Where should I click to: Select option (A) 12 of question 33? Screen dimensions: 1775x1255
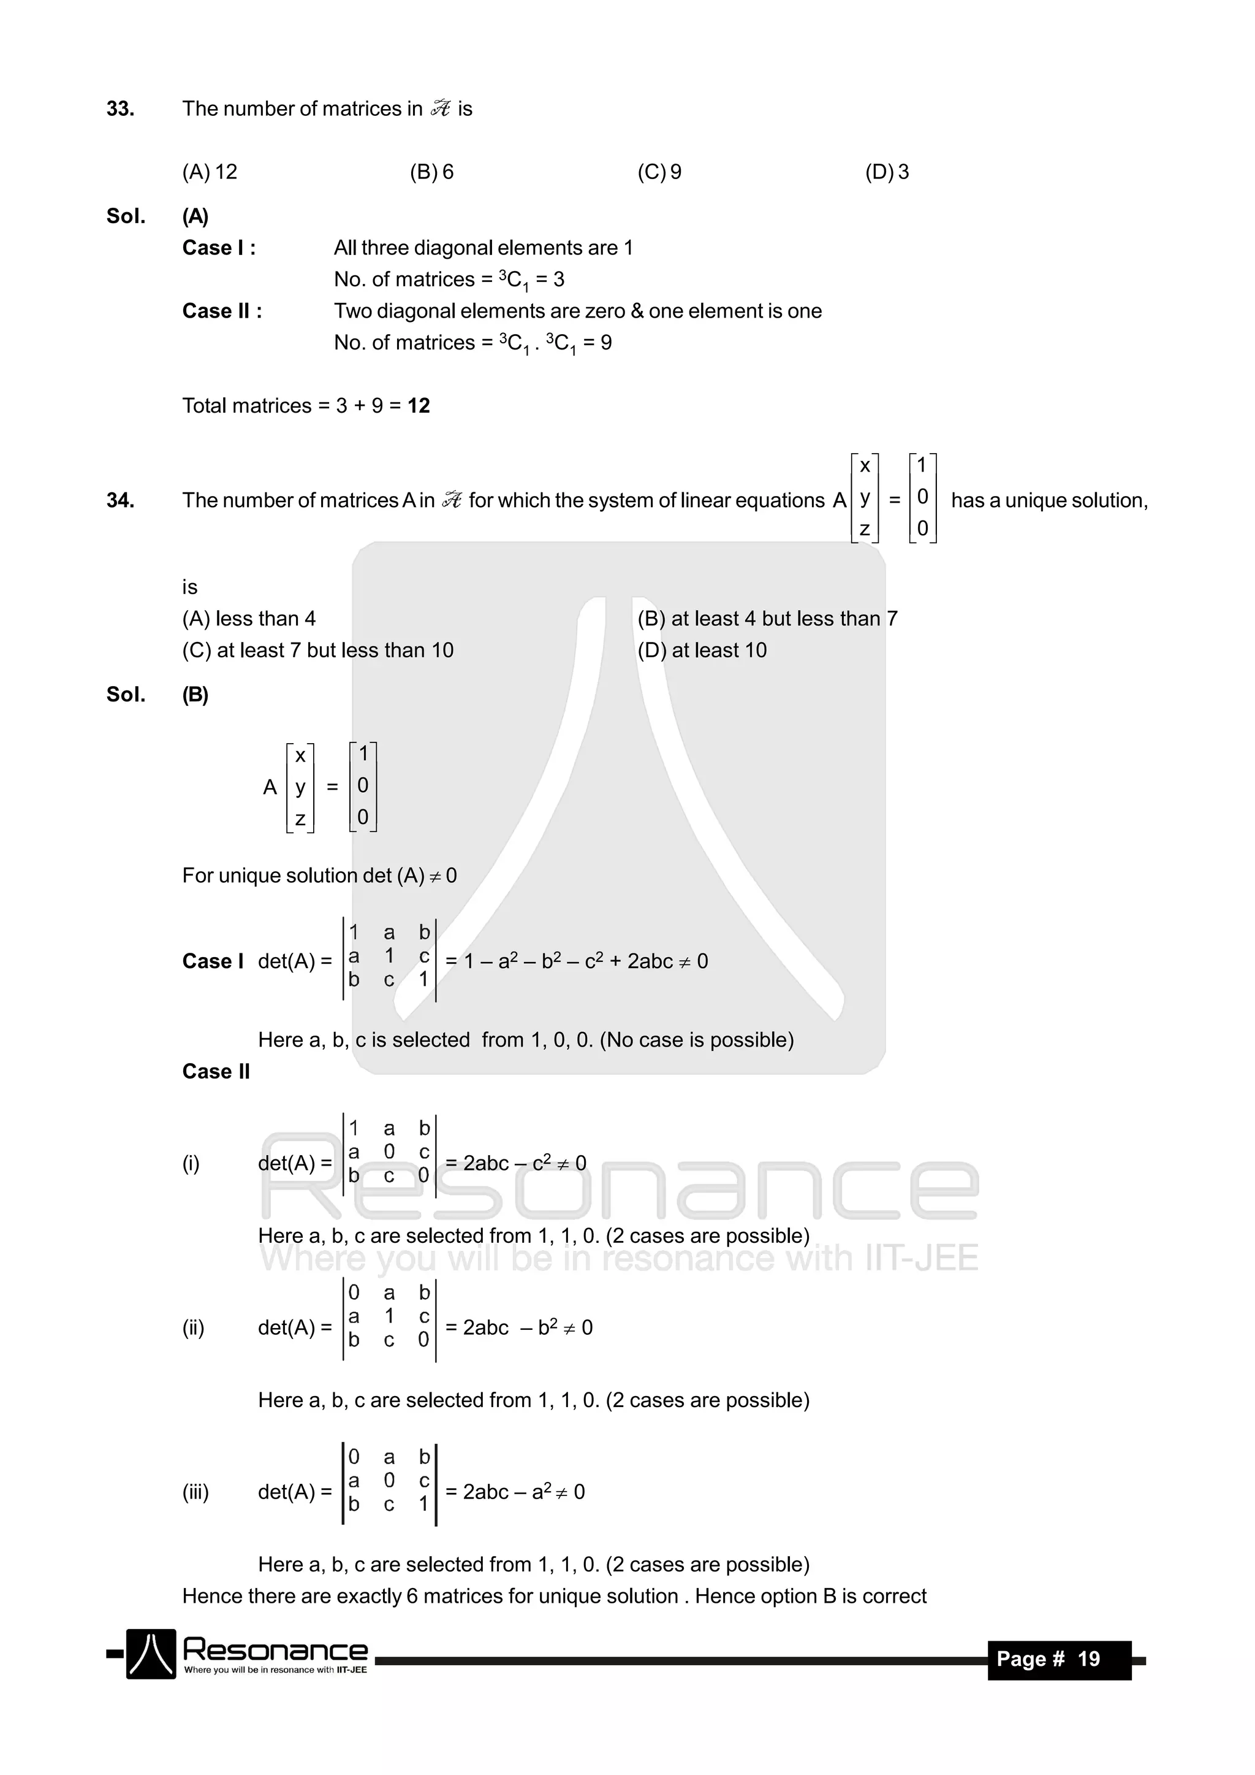tap(210, 172)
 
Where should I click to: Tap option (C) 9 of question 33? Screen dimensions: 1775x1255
tap(659, 172)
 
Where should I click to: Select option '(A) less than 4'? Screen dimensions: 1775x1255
tap(249, 619)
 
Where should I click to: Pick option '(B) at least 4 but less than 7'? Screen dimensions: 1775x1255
tap(767, 619)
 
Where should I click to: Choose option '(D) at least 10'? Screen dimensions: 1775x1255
tap(702, 650)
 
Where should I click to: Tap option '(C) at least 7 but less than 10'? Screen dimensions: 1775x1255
tap(317, 650)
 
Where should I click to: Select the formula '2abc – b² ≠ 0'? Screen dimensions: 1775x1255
tap(527, 1327)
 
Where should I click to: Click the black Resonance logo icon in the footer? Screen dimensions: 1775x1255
tap(151, 1654)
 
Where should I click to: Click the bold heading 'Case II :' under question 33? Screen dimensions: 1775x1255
tap(222, 311)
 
